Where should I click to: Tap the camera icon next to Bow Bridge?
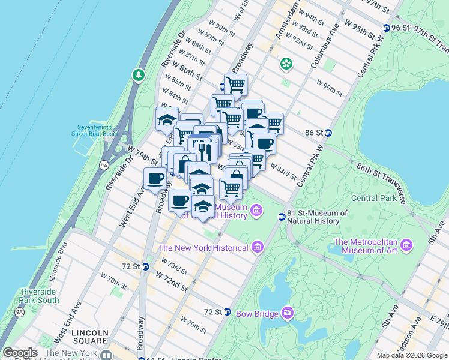(288, 313)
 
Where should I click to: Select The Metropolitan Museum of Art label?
(365, 246)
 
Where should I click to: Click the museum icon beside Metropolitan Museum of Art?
(408, 245)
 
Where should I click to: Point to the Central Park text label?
(373, 198)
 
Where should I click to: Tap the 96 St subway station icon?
(387, 28)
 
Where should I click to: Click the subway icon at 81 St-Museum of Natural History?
(282, 217)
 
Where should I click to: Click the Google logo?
(20, 353)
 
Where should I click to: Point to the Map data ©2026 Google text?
(411, 355)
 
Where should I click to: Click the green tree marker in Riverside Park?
(139, 75)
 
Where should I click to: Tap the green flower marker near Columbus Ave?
(286, 63)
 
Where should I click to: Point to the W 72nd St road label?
(172, 281)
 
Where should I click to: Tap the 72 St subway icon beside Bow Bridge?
(228, 312)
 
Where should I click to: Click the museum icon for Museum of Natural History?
(256, 210)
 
